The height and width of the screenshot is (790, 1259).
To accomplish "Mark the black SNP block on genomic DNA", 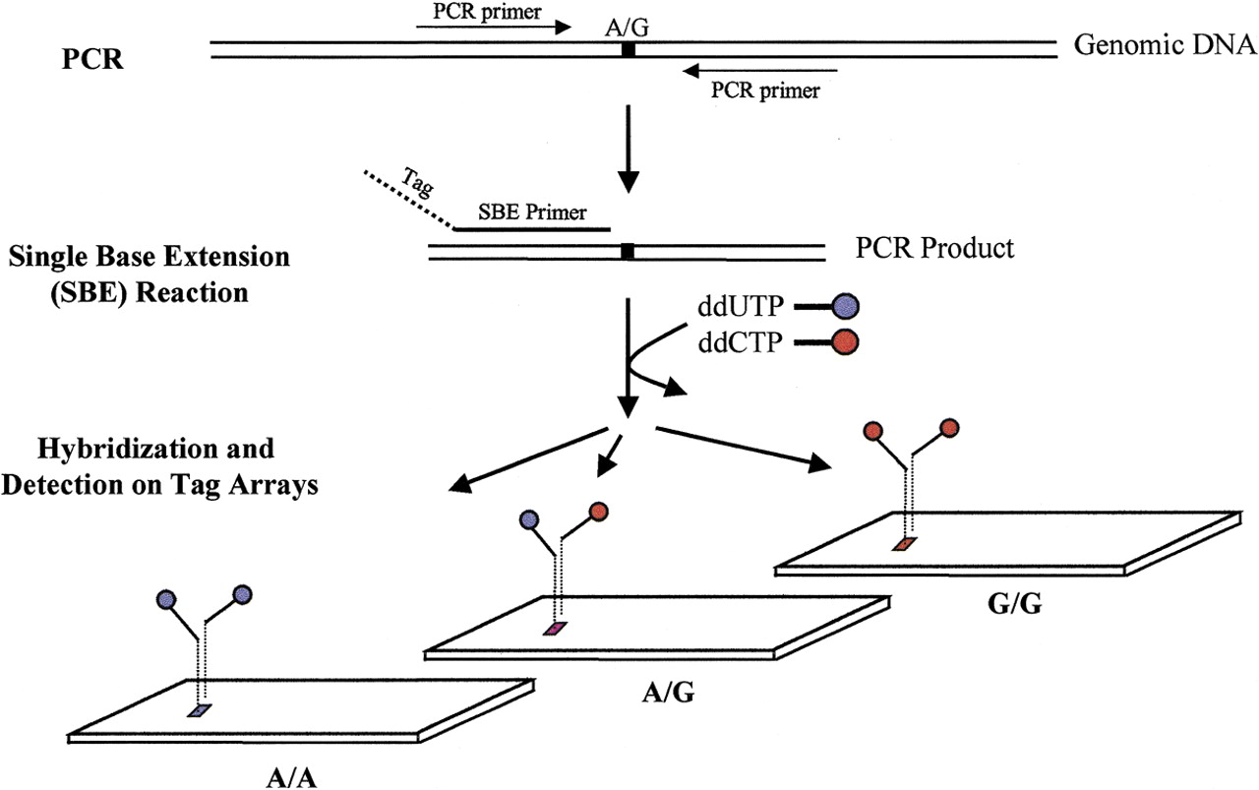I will tap(628, 48).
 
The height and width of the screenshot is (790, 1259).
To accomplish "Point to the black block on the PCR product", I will tap(627, 253).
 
